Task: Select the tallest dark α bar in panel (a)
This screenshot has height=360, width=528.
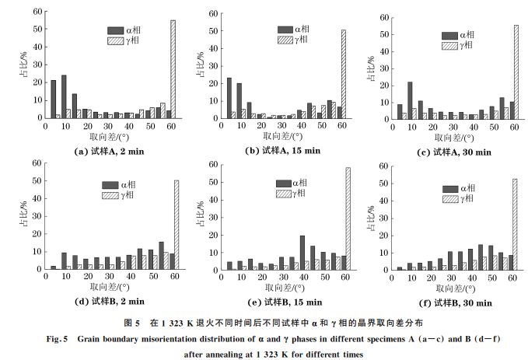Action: [x=64, y=96]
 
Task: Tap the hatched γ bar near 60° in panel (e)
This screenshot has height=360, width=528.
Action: [x=348, y=218]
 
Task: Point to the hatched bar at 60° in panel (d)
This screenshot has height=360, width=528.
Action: [x=176, y=225]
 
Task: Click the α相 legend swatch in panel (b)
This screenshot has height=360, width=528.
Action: [x=281, y=30]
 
